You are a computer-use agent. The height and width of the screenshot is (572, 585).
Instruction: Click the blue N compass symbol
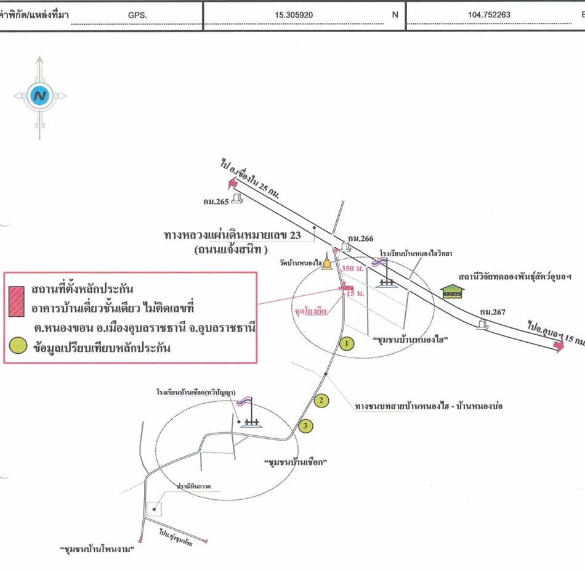pyautogui.click(x=41, y=96)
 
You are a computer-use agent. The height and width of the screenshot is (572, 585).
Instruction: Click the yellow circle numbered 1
pyautogui.click(x=347, y=343)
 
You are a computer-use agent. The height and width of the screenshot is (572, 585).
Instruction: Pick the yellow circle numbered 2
pyautogui.click(x=320, y=401)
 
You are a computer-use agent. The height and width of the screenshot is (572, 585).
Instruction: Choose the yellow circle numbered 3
pyautogui.click(x=304, y=425)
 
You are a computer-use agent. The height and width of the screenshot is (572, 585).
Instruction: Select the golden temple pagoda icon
pyautogui.click(x=327, y=263)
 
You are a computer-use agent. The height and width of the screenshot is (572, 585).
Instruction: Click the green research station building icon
pyautogui.click(x=453, y=291)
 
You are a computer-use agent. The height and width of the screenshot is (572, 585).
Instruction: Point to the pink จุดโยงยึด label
pyautogui.click(x=313, y=313)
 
